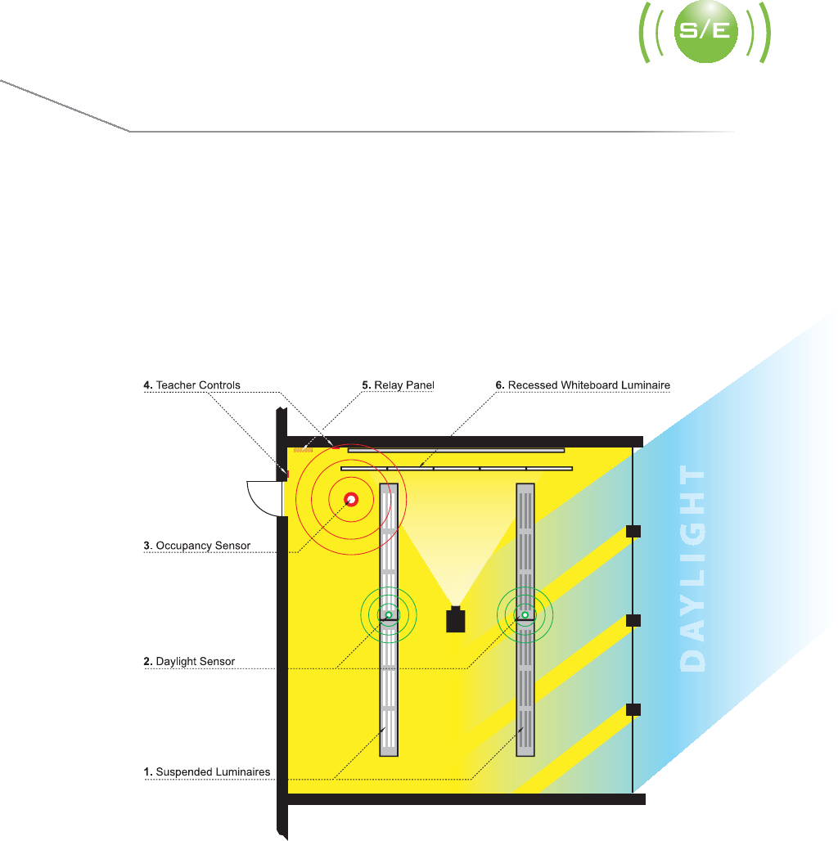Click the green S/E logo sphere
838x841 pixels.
(705, 34)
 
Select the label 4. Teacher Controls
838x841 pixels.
(192, 385)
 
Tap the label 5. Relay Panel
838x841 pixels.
(398, 385)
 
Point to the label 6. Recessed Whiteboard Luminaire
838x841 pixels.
(583, 385)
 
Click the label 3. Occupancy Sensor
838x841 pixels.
(197, 546)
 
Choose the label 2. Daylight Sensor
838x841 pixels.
(189, 661)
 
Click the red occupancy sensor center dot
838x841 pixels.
(351, 499)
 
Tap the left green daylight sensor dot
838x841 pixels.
(389, 614)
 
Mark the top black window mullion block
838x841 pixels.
(633, 532)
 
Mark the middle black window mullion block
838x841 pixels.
(633, 620)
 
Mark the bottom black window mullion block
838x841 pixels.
(633, 709)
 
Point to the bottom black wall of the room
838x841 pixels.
(466, 799)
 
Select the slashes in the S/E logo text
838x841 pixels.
(705, 34)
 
